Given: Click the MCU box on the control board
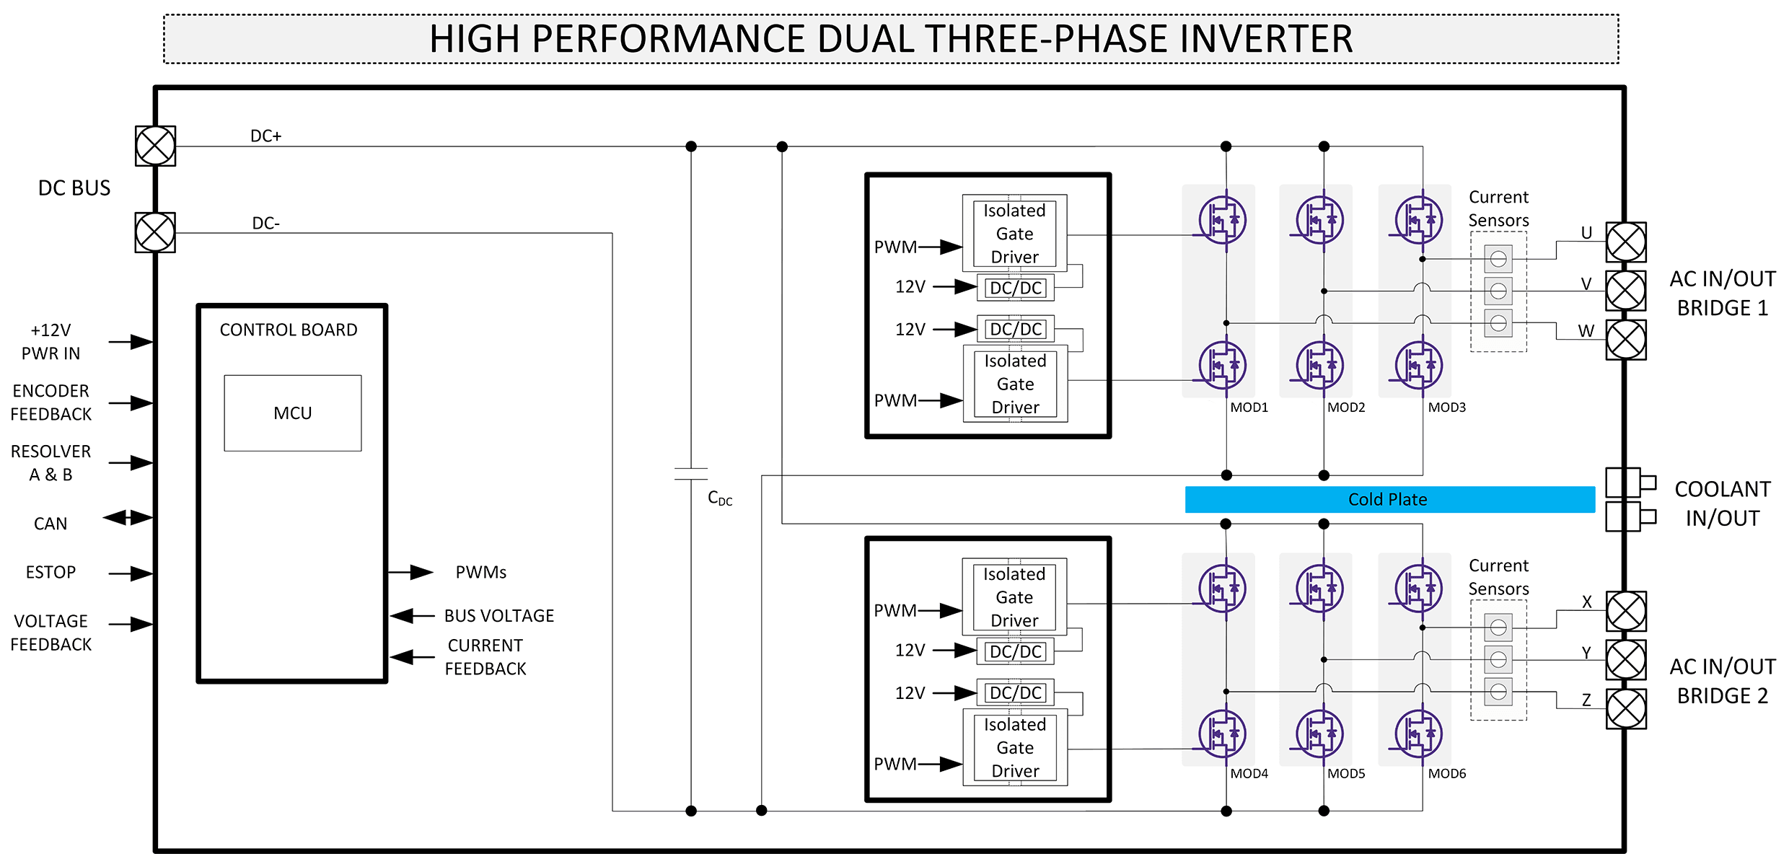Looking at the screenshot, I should click(292, 413).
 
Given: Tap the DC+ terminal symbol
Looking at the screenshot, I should click(155, 146).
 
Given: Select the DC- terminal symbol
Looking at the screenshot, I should click(155, 232).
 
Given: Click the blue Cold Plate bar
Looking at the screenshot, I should click(1389, 499).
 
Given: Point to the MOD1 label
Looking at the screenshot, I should click(1249, 408).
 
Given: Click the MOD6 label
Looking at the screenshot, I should click(1447, 774).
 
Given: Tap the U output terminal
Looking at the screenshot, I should click(1626, 242).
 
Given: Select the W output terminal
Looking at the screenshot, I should click(1626, 340).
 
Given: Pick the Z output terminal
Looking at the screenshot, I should click(1626, 709).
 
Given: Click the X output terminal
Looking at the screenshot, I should click(1626, 611).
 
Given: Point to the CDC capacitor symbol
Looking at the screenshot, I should click(691, 474).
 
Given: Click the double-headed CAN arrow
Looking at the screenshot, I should click(128, 517).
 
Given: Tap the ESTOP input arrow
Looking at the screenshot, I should click(131, 573).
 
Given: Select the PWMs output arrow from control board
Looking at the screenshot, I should click(410, 573).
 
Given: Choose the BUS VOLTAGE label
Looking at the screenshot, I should click(499, 616).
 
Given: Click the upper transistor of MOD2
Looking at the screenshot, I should click(1319, 220).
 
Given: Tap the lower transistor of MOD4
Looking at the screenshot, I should click(1222, 734).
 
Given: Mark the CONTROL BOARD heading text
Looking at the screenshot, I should click(289, 330).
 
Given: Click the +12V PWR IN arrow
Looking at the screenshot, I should click(131, 342).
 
